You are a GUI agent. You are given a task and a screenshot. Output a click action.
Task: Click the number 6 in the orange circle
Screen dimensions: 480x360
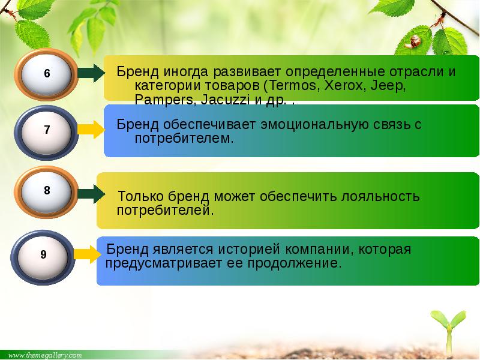pyautogui.click(x=47, y=73)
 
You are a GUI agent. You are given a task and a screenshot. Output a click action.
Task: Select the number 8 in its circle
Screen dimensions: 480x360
pyautogui.click(x=47, y=190)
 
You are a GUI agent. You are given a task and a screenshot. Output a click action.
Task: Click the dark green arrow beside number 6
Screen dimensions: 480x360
pyautogui.click(x=91, y=73)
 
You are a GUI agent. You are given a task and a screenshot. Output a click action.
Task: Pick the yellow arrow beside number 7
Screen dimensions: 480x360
pyautogui.click(x=91, y=130)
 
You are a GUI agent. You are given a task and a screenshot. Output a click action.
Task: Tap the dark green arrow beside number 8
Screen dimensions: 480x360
pyautogui.click(x=91, y=194)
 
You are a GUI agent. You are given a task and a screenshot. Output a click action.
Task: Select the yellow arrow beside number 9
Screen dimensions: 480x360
pyautogui.click(x=88, y=254)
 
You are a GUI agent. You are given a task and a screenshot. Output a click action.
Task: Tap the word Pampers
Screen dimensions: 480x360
pyautogui.click(x=164, y=100)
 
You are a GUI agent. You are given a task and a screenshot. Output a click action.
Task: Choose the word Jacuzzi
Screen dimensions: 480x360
pyautogui.click(x=225, y=100)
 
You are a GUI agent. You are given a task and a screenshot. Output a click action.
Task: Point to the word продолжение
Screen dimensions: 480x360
pyautogui.click(x=294, y=263)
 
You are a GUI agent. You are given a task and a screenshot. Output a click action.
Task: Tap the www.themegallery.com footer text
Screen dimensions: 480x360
pyautogui.click(x=45, y=355)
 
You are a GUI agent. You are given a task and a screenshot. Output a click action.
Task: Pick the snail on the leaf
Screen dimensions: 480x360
pyautogui.click(x=412, y=41)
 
